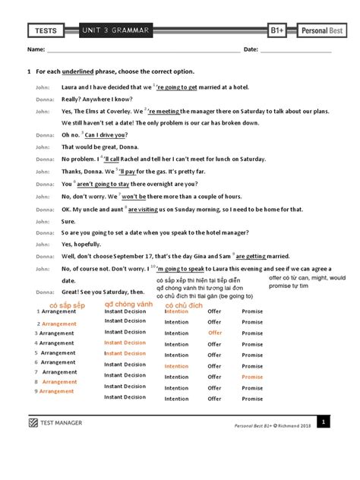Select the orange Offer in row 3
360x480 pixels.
[x=215, y=333]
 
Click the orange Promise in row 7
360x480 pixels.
[x=252, y=377]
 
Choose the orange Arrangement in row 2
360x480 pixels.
[x=59, y=324]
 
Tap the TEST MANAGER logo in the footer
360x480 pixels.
[x=56, y=423]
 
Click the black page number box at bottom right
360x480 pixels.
[x=323, y=422]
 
